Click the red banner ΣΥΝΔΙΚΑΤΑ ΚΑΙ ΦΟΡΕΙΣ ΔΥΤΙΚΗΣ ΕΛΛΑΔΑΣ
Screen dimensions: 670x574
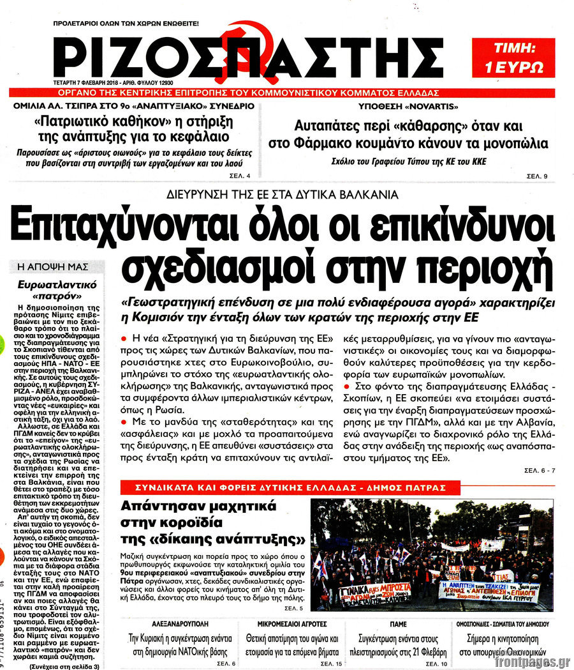(x=283, y=487)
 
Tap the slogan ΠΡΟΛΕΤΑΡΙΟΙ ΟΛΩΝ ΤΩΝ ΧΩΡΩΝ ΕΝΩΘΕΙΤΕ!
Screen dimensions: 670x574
(x=126, y=24)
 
